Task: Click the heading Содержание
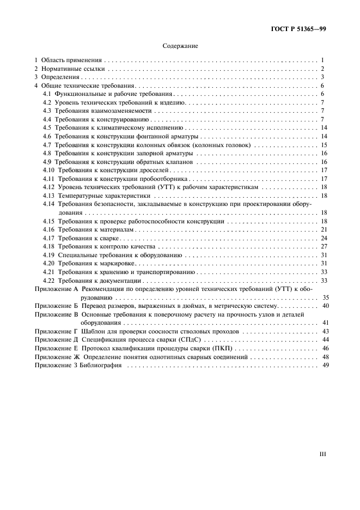[x=180, y=46]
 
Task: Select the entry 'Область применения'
[x=71, y=60]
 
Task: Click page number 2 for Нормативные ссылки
[x=322, y=69]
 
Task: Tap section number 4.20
[x=48, y=263]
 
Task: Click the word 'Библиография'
[x=102, y=365]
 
